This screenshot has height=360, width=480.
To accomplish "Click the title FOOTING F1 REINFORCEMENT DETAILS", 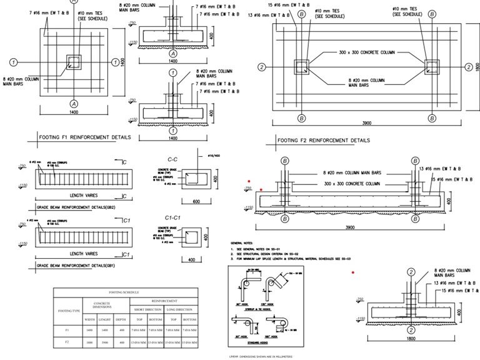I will (x=85, y=136).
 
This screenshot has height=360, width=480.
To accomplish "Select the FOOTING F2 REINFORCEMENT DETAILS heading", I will (x=323, y=140).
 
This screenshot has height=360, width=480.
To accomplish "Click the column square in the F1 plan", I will (x=74, y=62).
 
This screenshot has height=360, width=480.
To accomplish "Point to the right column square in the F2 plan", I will (x=432, y=67).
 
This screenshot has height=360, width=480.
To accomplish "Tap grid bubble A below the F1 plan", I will (x=74, y=102).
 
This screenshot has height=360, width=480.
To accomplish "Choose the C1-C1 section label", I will (x=173, y=217).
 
